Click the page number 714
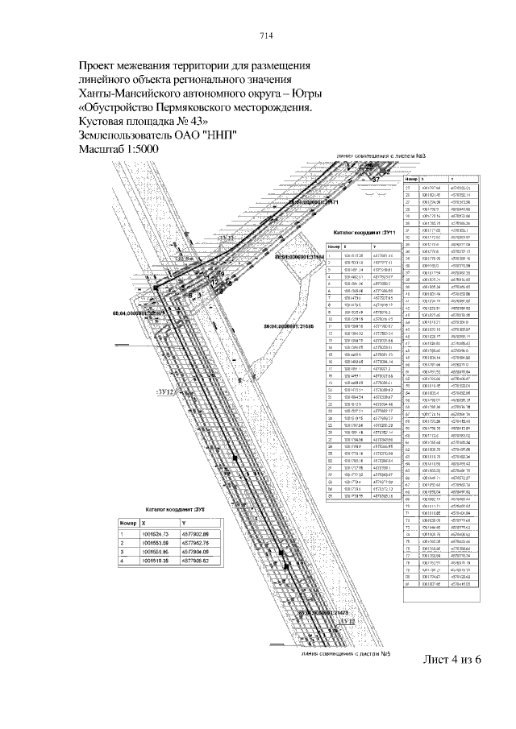tap(267, 35)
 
